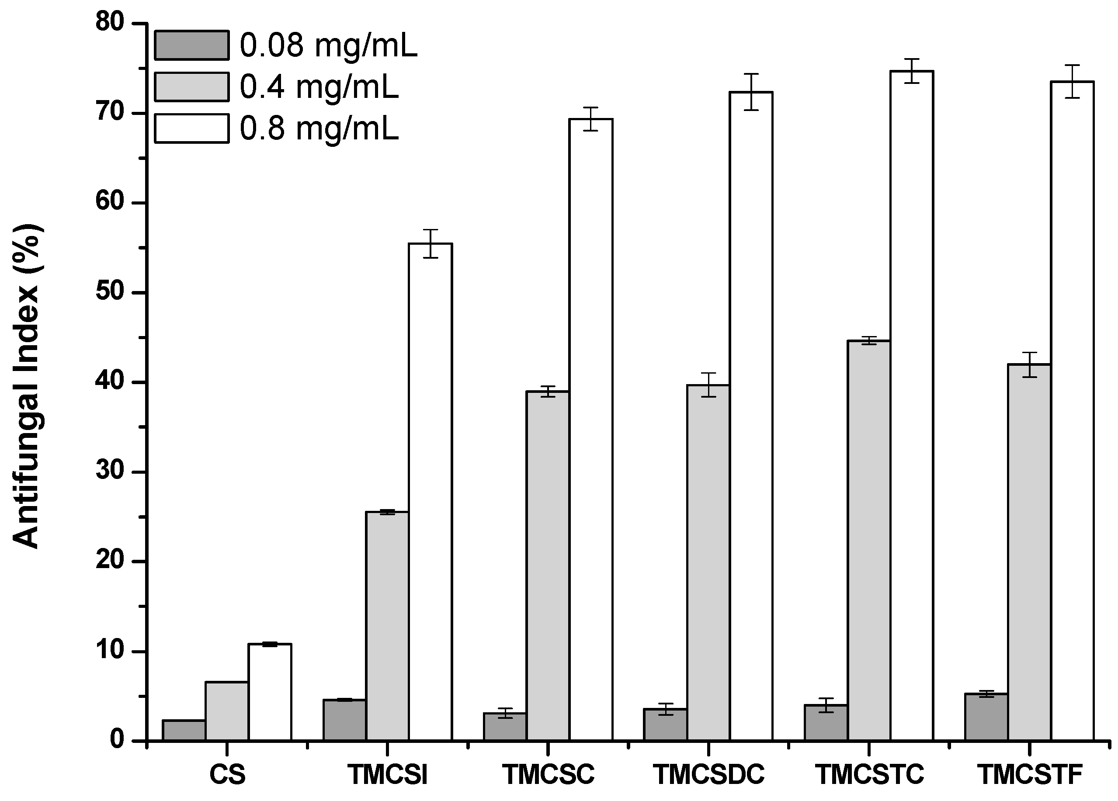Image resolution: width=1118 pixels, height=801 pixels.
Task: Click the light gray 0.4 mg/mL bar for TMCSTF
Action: (1029, 551)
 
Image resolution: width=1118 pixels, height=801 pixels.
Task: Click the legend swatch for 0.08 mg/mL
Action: (191, 45)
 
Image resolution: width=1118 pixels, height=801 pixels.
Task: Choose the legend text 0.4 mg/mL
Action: (319, 87)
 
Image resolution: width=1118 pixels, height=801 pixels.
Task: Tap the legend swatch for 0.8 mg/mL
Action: (191, 128)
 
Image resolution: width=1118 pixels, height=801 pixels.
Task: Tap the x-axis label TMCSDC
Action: (708, 774)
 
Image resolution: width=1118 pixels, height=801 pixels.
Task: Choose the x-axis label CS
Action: (227, 774)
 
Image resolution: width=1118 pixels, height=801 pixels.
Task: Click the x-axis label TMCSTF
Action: (1029, 774)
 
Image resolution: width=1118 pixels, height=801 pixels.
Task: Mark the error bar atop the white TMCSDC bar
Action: (751, 92)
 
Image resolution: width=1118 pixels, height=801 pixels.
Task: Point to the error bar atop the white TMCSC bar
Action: (590, 119)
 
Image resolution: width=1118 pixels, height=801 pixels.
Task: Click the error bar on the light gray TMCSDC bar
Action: (708, 385)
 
